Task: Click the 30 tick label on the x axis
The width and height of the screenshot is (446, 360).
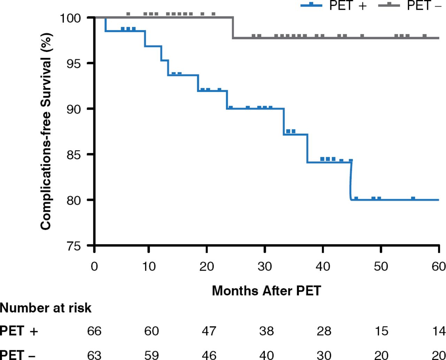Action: pyautogui.click(x=265, y=267)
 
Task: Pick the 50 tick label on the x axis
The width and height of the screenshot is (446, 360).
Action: pyautogui.click(x=381, y=267)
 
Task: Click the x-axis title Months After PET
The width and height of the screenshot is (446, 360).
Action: pyautogui.click(x=266, y=290)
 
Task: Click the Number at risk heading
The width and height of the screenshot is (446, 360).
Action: pyautogui.click(x=46, y=308)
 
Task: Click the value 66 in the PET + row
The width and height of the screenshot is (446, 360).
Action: pyautogui.click(x=94, y=331)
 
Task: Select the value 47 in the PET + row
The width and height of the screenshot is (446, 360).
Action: pyautogui.click(x=209, y=331)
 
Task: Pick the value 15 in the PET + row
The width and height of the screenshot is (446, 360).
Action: pyautogui.click(x=382, y=331)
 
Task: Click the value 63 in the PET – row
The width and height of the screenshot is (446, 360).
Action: pyautogui.click(x=94, y=355)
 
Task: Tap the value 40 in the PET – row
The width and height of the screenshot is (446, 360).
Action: pyautogui.click(x=267, y=355)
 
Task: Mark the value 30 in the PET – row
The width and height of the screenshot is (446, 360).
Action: pyautogui.click(x=324, y=355)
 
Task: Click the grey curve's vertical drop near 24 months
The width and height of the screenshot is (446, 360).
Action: pyautogui.click(x=233, y=28)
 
